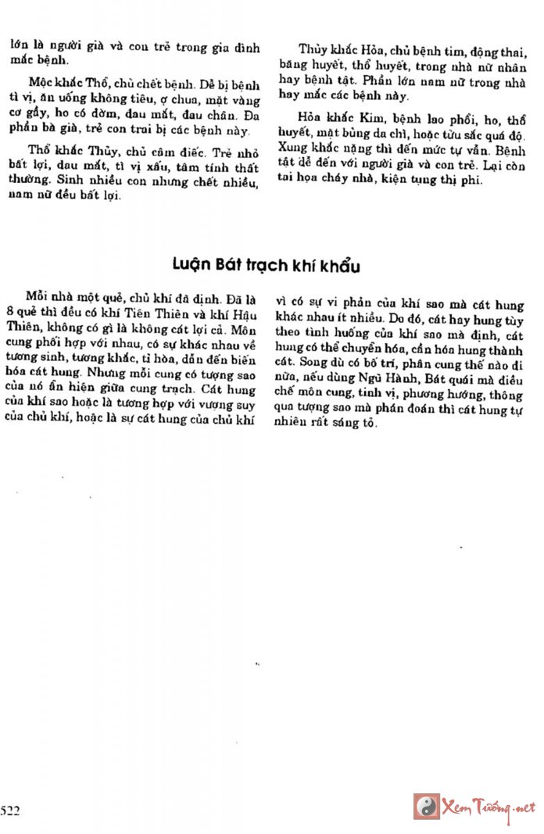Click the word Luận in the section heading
point(190,267)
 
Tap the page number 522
point(10,811)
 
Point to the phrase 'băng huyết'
point(306,67)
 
